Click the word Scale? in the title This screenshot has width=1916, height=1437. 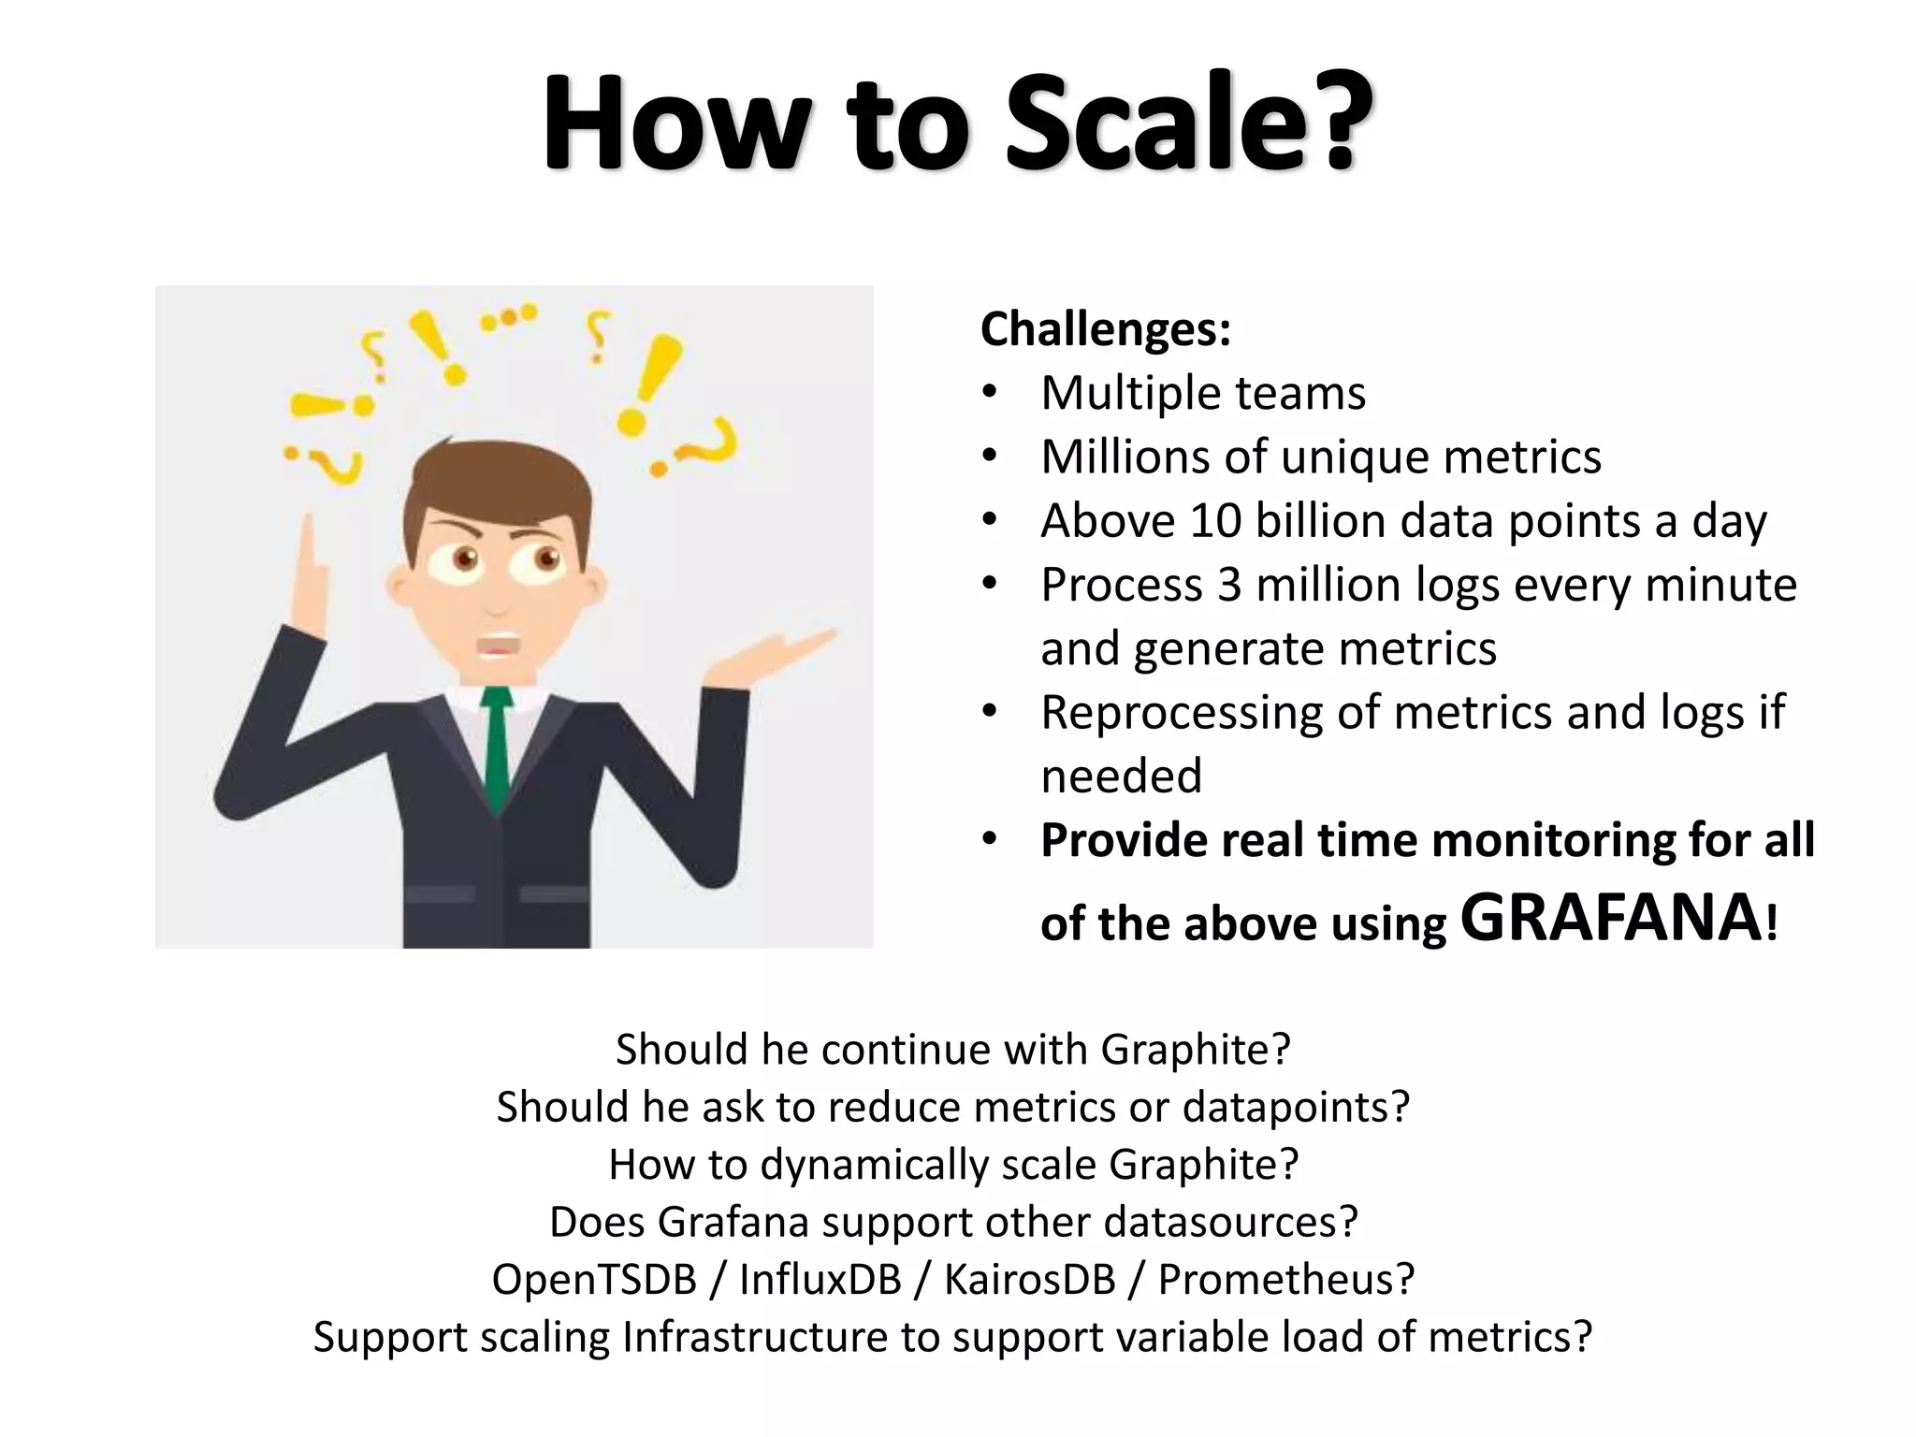tap(1188, 123)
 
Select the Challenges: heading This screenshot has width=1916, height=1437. tap(1105, 329)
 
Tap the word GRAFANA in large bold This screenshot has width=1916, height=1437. tap(1610, 918)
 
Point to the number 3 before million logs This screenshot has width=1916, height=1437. tap(1229, 586)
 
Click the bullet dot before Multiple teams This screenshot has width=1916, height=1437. tap(991, 393)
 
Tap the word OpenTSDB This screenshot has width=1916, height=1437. tap(594, 1279)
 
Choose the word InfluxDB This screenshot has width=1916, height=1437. tap(820, 1279)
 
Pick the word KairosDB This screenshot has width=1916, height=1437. tap(1029, 1279)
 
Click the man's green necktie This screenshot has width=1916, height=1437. tap(497, 748)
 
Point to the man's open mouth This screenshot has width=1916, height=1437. tap(498, 646)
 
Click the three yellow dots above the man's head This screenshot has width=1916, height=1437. tap(509, 317)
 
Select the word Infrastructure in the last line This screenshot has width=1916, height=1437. tap(754, 1337)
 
